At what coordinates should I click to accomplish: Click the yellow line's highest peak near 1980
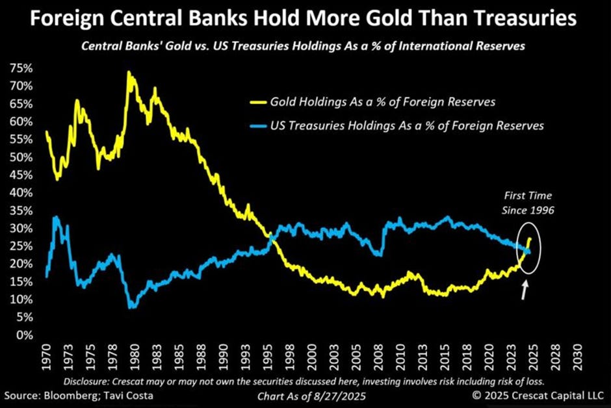point(129,73)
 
